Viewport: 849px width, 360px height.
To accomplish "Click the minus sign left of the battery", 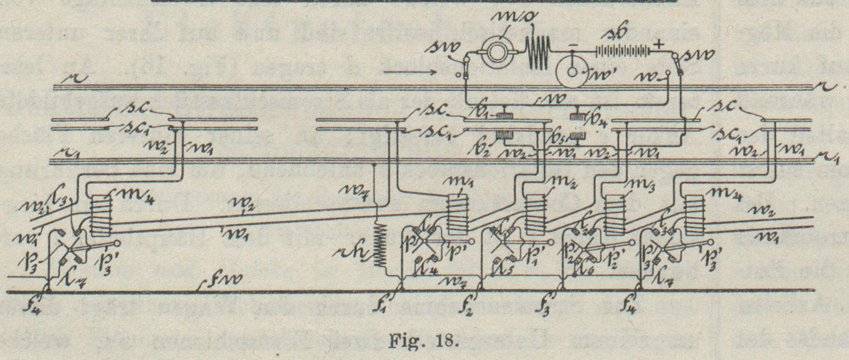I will (x=572, y=45).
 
